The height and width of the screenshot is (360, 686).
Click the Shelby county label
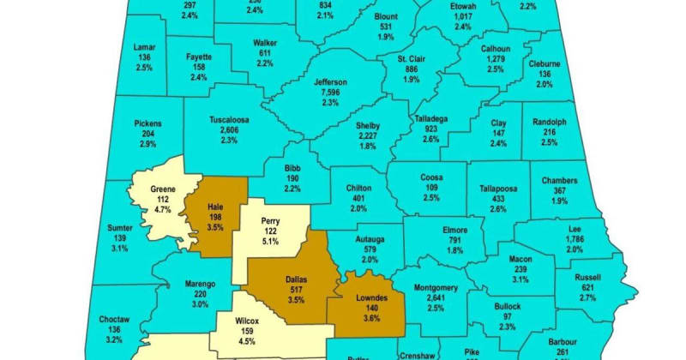[368, 126]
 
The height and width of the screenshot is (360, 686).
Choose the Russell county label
[588, 277]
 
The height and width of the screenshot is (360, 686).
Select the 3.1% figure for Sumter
[119, 247]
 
